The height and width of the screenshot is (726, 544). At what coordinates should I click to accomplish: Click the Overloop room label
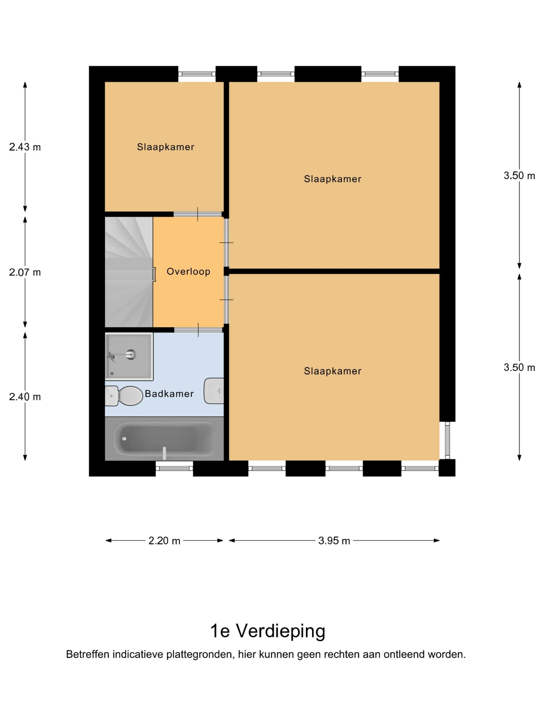coord(188,271)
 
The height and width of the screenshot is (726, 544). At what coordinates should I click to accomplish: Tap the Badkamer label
coord(169,394)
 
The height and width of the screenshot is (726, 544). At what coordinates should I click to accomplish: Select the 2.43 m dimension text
coord(25,147)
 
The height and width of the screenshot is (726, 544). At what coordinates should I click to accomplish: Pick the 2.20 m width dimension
coord(164,541)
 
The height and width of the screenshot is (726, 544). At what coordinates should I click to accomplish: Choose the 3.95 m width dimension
coord(334,541)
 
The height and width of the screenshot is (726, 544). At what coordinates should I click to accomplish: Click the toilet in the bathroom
coord(124,396)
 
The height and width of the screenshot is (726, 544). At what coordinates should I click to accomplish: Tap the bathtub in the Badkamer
coord(164,439)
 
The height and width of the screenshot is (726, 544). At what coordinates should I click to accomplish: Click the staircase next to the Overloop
coord(128,272)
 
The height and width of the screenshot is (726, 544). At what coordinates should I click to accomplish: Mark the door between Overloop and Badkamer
coord(198,330)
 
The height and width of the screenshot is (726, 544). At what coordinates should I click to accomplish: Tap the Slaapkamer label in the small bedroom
coord(166,147)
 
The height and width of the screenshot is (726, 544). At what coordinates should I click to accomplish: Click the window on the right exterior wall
coord(448,440)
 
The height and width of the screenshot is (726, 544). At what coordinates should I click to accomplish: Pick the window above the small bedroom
coord(197,74)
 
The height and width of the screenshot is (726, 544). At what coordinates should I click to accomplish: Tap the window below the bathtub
coord(174,468)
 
